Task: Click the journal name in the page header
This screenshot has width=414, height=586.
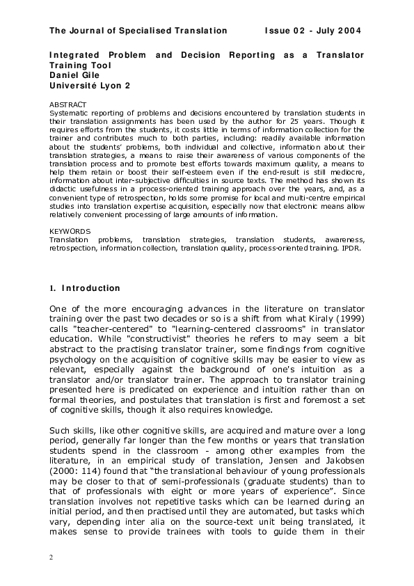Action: [x=138, y=31]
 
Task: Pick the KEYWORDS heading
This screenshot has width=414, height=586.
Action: [x=70, y=230]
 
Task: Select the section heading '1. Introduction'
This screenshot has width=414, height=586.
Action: [x=84, y=288]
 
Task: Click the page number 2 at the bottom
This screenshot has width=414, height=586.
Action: [x=51, y=558]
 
